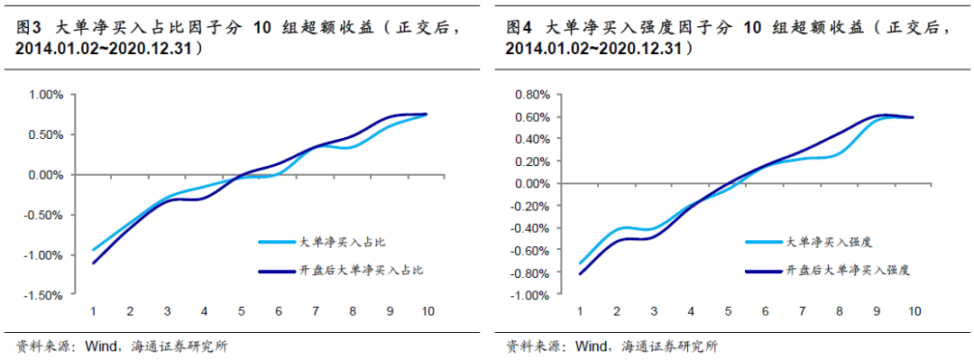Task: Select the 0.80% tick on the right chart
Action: click(x=531, y=94)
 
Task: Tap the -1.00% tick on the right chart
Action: click(x=529, y=295)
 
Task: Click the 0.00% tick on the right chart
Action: click(x=531, y=183)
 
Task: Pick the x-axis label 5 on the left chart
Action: click(x=242, y=311)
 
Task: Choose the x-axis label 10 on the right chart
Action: click(x=914, y=311)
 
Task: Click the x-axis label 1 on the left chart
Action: click(x=93, y=311)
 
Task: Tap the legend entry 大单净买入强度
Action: click(x=821, y=242)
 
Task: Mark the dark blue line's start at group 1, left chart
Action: click(x=94, y=263)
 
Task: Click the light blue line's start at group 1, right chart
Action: click(x=580, y=263)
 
